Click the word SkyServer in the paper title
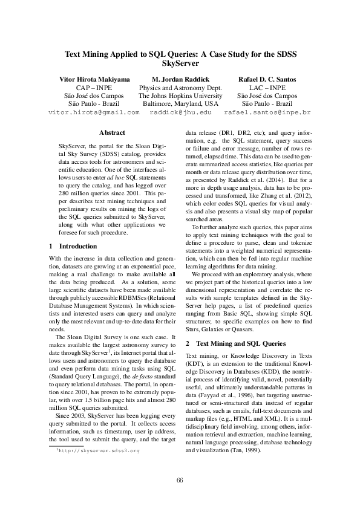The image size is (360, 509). (x=180, y=62)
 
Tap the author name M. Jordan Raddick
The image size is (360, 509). (x=180, y=79)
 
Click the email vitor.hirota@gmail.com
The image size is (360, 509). (x=94, y=112)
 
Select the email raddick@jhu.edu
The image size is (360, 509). (x=180, y=112)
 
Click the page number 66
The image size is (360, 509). (x=180, y=481)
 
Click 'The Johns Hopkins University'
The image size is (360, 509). (x=180, y=96)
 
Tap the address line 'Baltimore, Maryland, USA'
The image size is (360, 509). (x=180, y=103)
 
